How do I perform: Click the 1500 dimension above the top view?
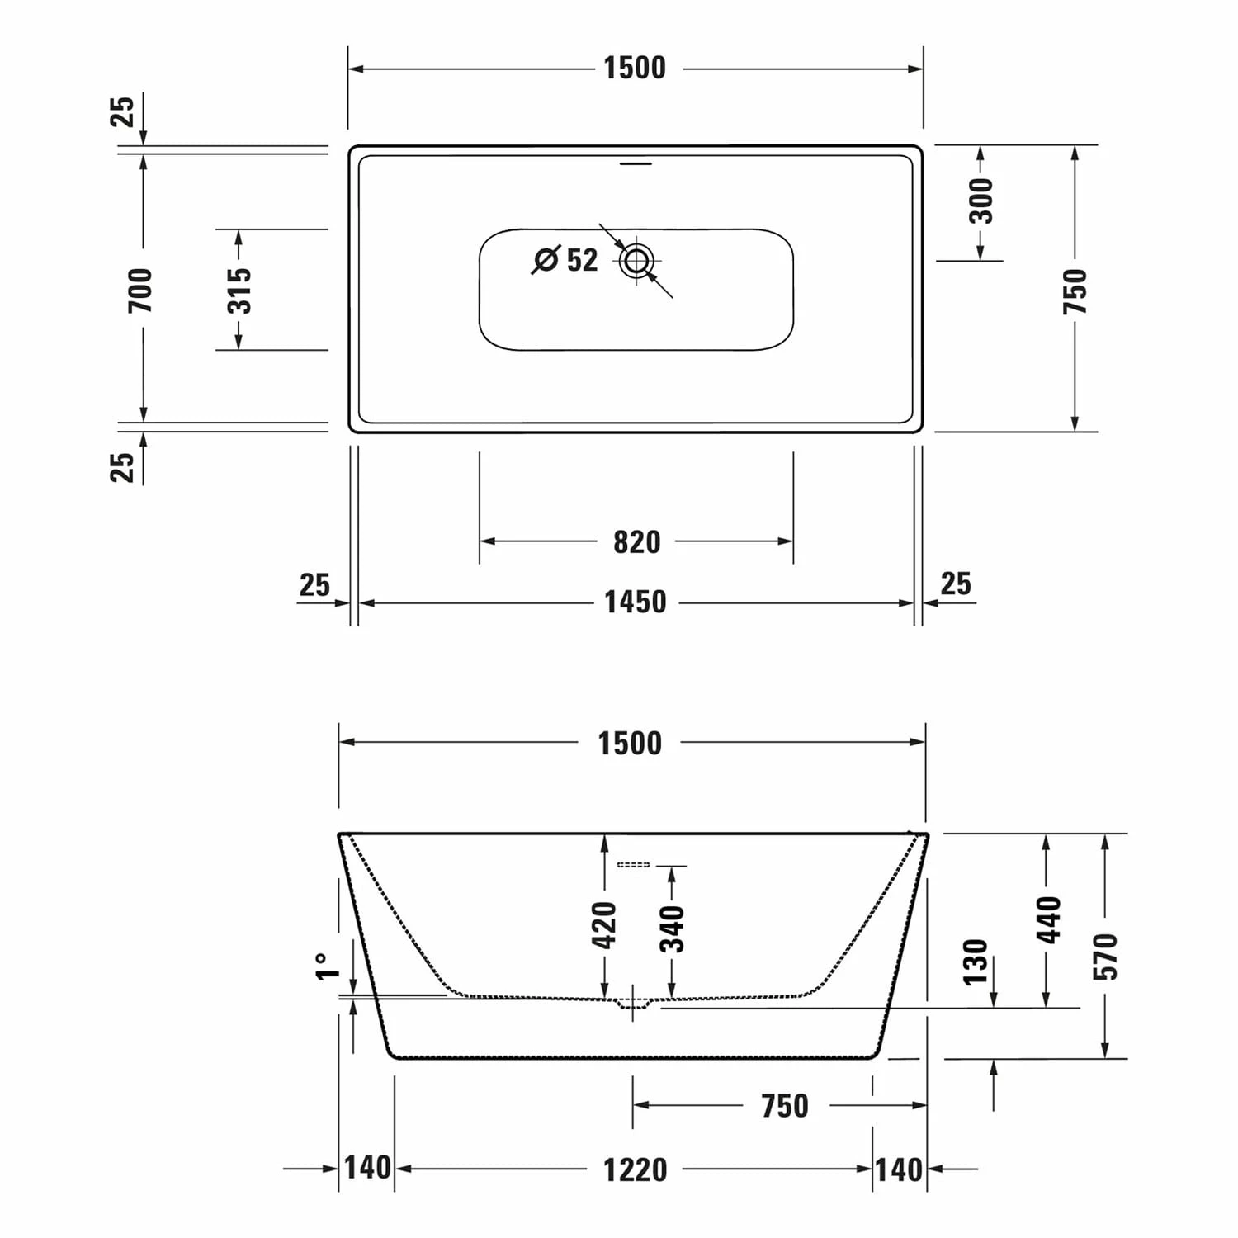coord(634,68)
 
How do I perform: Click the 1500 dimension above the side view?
coord(630,743)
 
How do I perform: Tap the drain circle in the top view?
coord(636,261)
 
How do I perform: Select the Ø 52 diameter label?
coord(565,259)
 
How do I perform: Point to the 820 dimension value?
coord(636,542)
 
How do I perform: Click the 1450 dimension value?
coord(635,602)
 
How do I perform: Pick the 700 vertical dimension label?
coord(140,291)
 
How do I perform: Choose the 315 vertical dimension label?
coord(239,290)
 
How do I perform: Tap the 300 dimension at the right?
coord(981,201)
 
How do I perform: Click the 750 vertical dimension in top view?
coord(1075,291)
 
